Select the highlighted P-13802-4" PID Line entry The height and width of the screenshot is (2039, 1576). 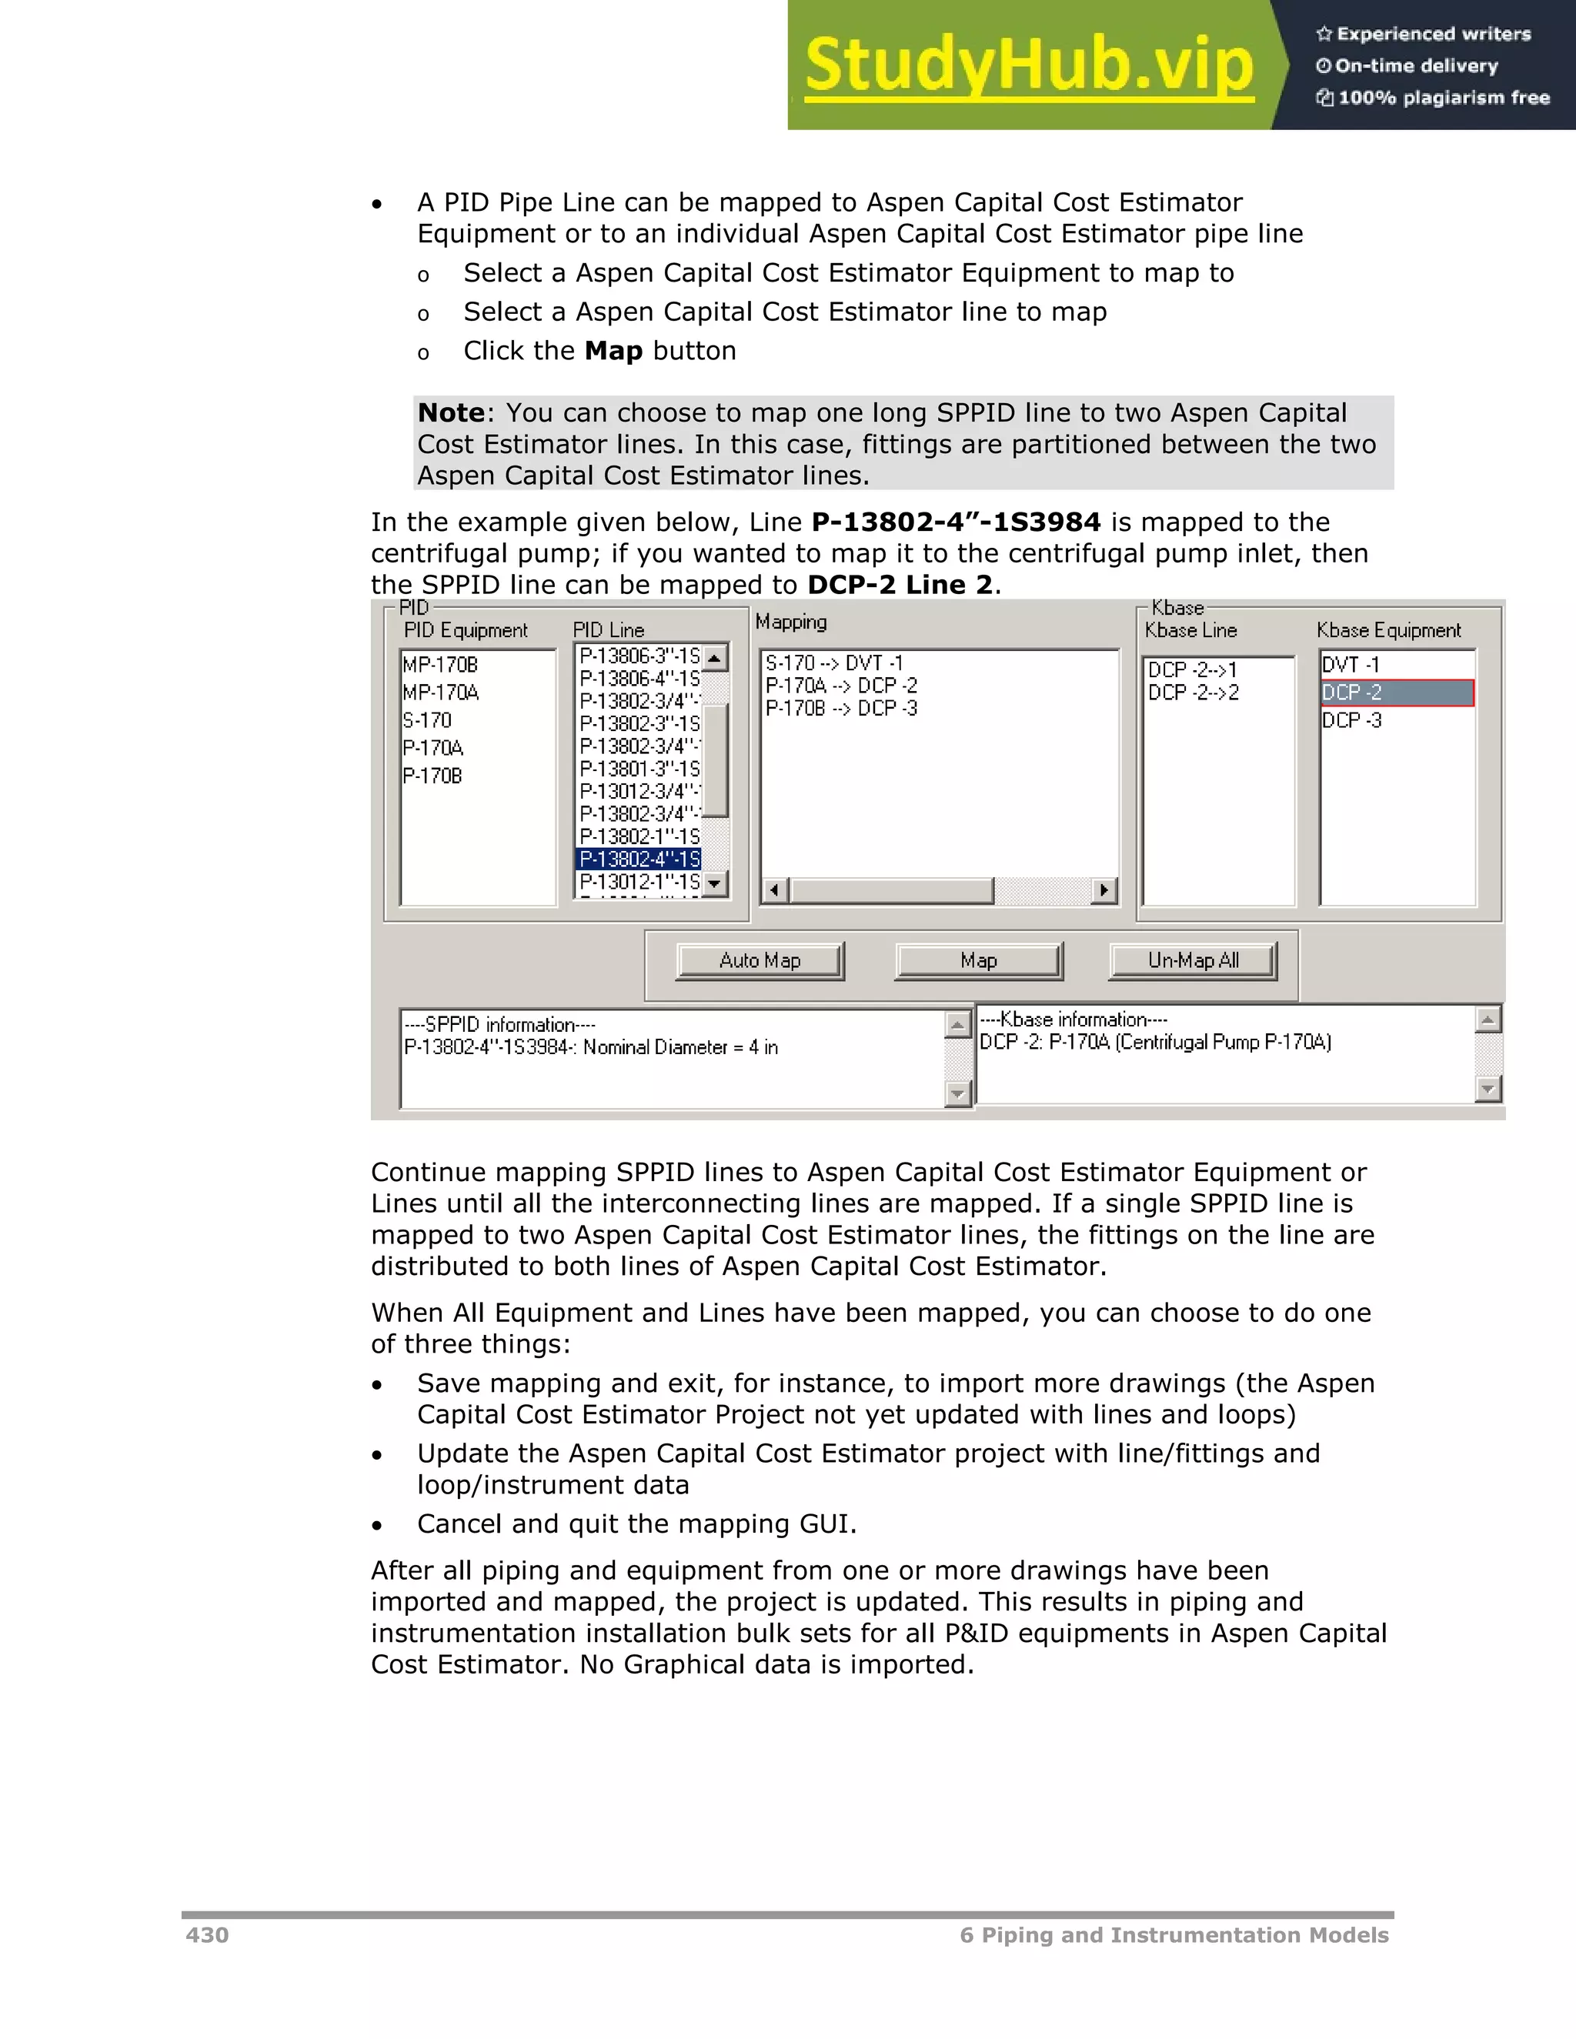[x=639, y=859]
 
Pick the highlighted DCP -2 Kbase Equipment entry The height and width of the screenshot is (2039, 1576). [x=1396, y=692]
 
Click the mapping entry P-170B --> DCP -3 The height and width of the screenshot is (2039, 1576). [x=840, y=709]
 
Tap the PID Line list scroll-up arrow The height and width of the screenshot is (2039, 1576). [x=715, y=657]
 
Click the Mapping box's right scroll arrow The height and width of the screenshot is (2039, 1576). [x=1104, y=889]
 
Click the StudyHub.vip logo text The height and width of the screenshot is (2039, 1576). [x=1028, y=65]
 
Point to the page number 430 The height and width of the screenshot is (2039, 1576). [x=206, y=1934]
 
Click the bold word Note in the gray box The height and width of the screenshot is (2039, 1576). [x=451, y=412]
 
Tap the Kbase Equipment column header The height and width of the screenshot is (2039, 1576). [x=1388, y=630]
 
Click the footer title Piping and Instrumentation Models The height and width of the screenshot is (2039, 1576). [x=1184, y=1934]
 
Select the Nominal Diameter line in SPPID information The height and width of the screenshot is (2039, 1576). [x=590, y=1047]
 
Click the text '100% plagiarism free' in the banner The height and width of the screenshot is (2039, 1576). [x=1443, y=97]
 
